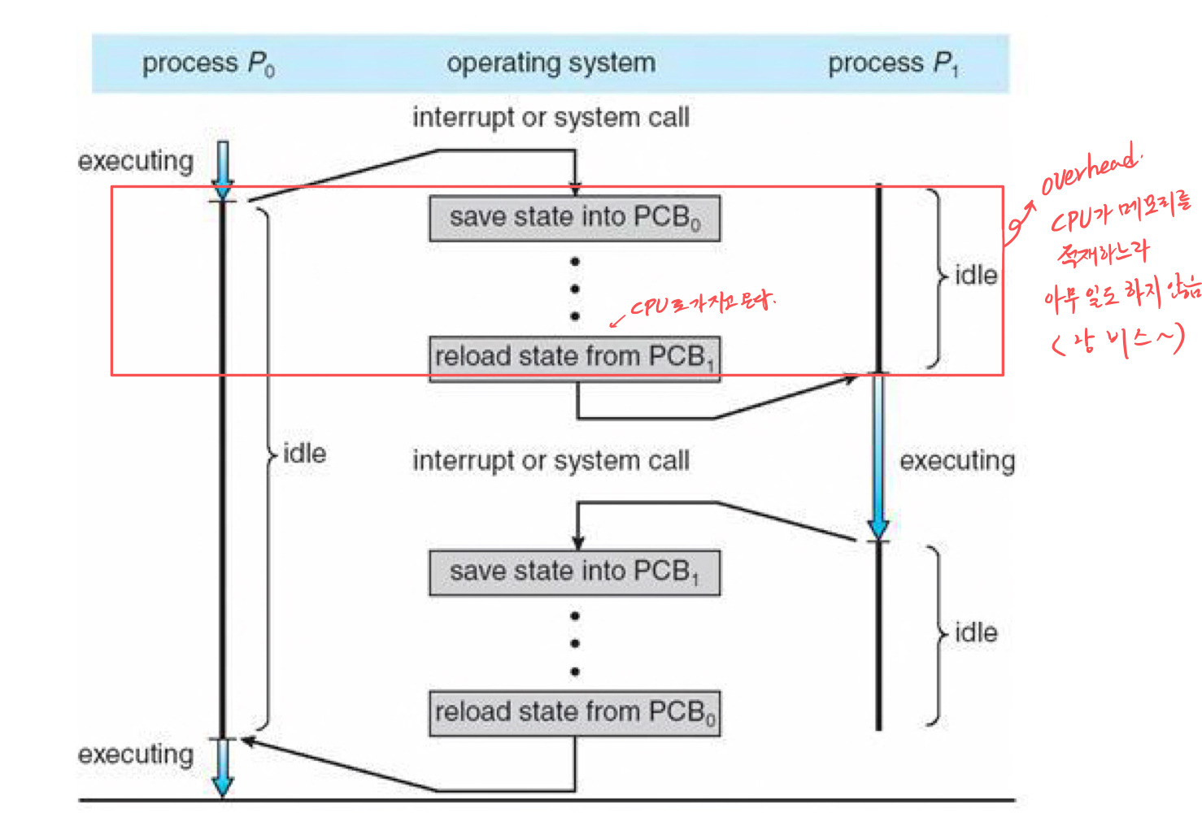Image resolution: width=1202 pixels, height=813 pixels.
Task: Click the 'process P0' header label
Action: pyautogui.click(x=208, y=63)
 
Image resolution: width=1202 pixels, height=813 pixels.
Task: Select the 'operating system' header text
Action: pyautogui.click(x=551, y=63)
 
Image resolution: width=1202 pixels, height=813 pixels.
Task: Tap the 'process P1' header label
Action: pyautogui.click(x=893, y=63)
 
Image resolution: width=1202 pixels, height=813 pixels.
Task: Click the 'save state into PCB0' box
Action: pyautogui.click(x=574, y=218)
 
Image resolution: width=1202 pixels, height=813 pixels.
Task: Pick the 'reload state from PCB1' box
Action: pyautogui.click(x=574, y=357)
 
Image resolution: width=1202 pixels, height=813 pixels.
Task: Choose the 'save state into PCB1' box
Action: pyautogui.click(x=574, y=572)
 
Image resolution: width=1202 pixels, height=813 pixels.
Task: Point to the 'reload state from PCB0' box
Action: pyautogui.click(x=574, y=713)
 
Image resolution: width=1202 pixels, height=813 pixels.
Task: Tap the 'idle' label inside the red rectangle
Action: pyautogui.click(x=975, y=276)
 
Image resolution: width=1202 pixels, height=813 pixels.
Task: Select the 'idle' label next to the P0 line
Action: pyautogui.click(x=304, y=454)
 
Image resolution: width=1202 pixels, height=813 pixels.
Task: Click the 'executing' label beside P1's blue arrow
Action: pyautogui.click(x=956, y=461)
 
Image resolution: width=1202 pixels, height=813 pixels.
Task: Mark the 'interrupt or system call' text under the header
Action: pyautogui.click(x=551, y=118)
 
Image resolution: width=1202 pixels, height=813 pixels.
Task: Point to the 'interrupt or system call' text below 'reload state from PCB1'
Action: pyautogui.click(x=551, y=461)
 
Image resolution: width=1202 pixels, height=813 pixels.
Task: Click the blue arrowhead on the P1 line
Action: pyautogui.click(x=878, y=528)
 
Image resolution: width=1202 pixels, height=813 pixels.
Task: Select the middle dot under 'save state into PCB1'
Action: pyautogui.click(x=575, y=644)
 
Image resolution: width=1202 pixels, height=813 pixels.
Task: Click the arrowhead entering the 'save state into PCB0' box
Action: pyautogui.click(x=575, y=189)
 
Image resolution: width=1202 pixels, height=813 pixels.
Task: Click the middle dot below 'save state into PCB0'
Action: pyautogui.click(x=575, y=289)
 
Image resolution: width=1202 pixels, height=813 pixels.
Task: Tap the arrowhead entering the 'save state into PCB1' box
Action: pyautogui.click(x=578, y=543)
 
